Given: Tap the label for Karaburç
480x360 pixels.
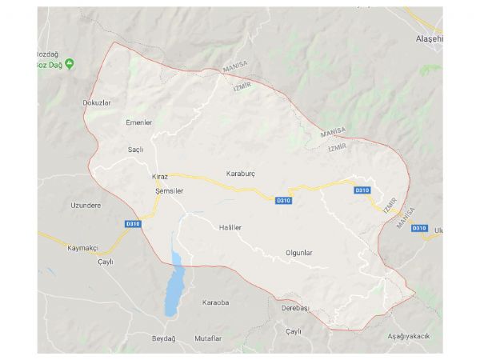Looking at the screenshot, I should point(240,173).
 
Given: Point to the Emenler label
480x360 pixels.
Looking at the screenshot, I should point(138,122).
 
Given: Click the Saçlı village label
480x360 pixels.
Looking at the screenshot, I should point(135,150).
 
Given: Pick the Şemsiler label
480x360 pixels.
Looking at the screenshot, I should point(169,192).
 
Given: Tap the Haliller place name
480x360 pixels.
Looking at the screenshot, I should point(230,228).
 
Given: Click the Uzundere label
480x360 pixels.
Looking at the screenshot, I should point(86,205).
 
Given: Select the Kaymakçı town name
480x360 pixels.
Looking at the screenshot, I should point(82,248).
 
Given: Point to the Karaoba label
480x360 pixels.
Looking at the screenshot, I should point(216,302).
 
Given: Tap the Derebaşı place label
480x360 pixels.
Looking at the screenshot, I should point(295,307).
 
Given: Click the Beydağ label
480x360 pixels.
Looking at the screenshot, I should point(163,338).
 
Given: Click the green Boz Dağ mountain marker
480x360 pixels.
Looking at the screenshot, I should point(70,62).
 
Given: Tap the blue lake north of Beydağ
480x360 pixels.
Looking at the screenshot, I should point(173,288).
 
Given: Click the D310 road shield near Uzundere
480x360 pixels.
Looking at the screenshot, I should point(133,223).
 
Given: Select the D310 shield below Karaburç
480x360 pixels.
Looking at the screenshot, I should point(282,200).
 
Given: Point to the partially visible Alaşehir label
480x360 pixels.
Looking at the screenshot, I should point(426,39).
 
